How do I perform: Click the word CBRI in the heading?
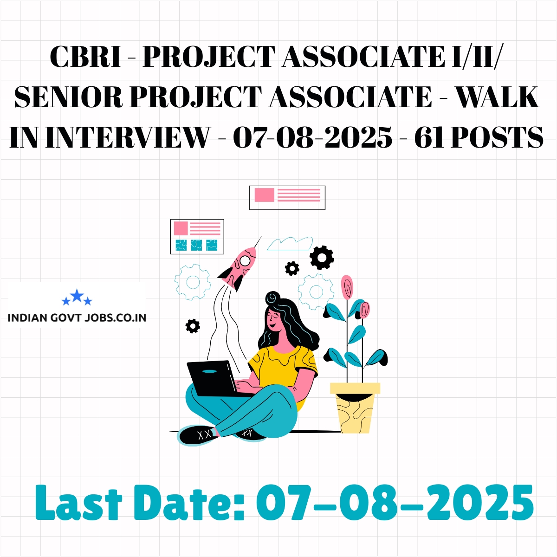coord(85,56)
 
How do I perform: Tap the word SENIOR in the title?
coord(69,97)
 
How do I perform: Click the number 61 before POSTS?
coord(429,137)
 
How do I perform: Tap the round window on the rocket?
coord(245,260)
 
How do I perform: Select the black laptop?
coord(215,378)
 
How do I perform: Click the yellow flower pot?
coord(355,408)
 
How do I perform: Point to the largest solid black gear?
coord(322,258)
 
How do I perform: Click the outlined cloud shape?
coord(290,243)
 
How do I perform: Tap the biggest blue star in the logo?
coord(77,296)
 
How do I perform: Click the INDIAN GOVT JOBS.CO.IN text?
coord(77,317)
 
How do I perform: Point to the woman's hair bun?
coord(272,298)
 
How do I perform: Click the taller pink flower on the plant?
coord(347,287)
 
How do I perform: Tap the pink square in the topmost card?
coord(264,195)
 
